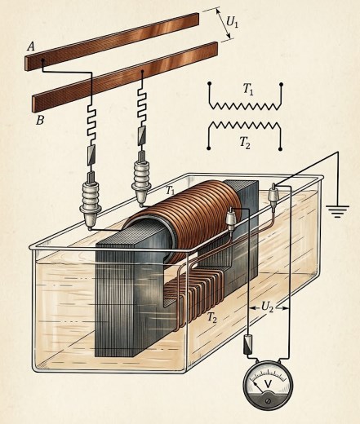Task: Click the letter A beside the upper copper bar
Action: coord(31,47)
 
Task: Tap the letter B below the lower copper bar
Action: coord(40,120)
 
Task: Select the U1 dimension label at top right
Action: coord(232,22)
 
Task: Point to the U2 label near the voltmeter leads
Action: coord(267,307)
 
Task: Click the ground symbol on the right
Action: coord(337,211)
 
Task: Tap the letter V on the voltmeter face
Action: coord(269,384)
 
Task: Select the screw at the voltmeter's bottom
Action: coord(269,401)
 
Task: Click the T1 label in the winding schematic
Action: coord(248,89)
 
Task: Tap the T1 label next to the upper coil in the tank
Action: coord(170,190)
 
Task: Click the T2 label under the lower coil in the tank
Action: coord(212,317)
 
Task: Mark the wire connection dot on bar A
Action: coord(42,60)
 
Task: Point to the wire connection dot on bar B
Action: coord(142,72)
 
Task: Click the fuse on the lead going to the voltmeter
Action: coord(248,344)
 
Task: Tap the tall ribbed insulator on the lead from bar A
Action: coord(91,201)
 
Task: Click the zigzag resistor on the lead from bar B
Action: coord(142,106)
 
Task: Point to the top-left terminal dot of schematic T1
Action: coord(209,83)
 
